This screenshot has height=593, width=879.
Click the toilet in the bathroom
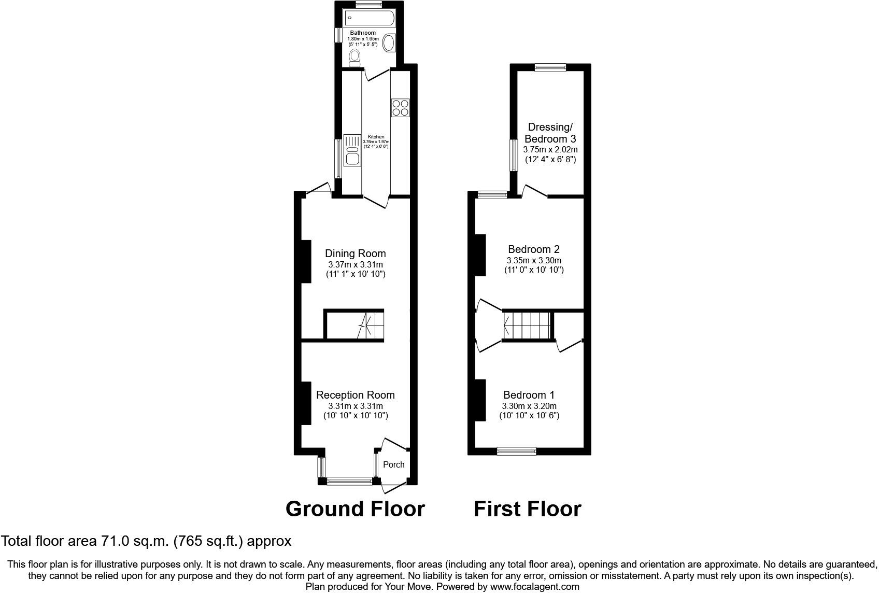point(355,58)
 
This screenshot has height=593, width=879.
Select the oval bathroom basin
point(389,43)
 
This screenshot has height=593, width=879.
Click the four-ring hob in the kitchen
point(401,108)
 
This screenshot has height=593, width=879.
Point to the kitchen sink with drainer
point(352,151)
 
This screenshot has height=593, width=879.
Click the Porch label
point(393,464)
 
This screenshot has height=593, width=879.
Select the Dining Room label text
point(355,253)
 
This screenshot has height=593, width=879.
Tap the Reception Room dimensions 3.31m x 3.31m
point(356,406)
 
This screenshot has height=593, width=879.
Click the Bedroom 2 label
point(533,249)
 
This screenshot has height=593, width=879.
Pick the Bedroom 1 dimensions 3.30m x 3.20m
point(529,406)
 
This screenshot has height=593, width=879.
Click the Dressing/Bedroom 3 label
point(550,133)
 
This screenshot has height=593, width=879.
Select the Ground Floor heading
point(355,509)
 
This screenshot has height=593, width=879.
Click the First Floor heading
point(527,509)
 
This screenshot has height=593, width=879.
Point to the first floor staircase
point(527,326)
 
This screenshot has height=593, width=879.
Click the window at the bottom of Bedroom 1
point(516,451)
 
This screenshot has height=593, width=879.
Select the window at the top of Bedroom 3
point(550,66)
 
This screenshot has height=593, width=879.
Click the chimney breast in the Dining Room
point(305,261)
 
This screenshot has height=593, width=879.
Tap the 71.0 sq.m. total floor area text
point(146,541)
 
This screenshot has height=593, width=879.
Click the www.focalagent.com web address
point(534,587)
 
